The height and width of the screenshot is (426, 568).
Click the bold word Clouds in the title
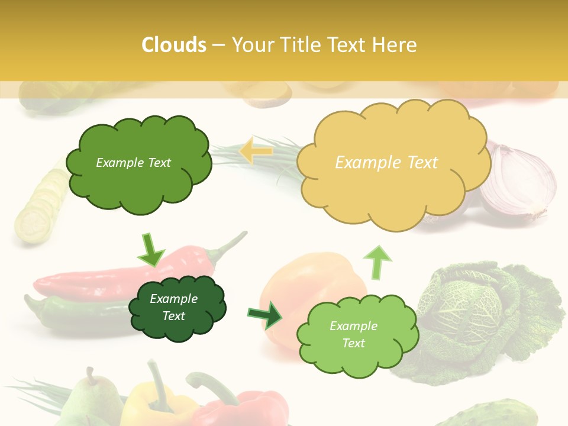tap(174, 45)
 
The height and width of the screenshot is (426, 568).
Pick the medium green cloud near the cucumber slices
tap(137, 163)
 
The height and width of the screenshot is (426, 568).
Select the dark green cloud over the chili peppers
tap(176, 308)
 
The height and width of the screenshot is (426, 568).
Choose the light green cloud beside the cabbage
tap(355, 335)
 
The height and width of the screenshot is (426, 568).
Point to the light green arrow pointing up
tap(377, 261)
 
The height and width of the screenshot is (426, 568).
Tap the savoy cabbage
tap(485, 314)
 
